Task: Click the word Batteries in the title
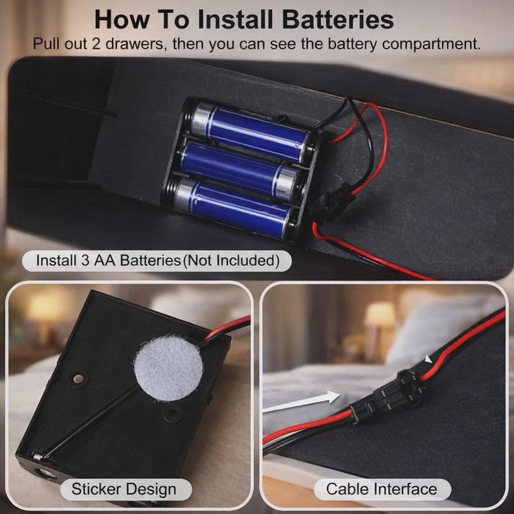click(338, 19)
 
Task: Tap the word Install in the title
click(236, 19)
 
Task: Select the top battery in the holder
click(250, 132)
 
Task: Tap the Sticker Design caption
click(124, 489)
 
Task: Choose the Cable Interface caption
click(381, 489)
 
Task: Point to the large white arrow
click(302, 402)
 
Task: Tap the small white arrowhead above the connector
click(428, 359)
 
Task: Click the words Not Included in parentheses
click(230, 261)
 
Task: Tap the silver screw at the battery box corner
click(37, 456)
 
